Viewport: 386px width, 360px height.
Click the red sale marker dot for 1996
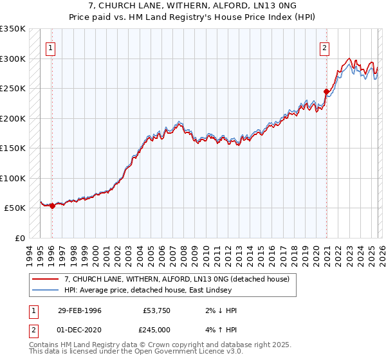coord(52,206)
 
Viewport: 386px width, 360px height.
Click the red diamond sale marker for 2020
coord(326,91)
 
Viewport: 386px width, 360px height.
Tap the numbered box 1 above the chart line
coord(50,47)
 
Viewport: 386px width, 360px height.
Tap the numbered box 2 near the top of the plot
coord(325,47)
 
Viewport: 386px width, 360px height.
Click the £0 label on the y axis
coord(19,238)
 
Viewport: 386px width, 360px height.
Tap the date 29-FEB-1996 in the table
coord(80,310)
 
